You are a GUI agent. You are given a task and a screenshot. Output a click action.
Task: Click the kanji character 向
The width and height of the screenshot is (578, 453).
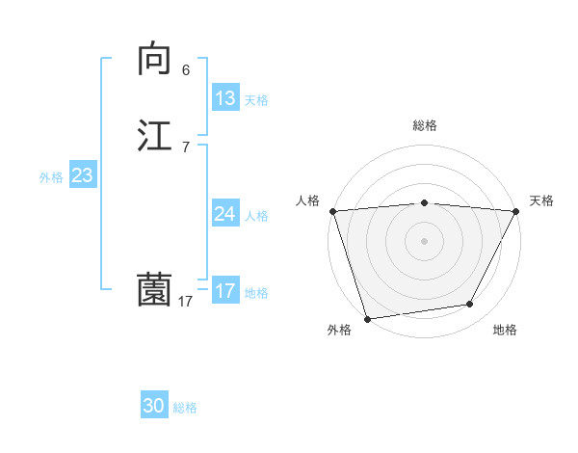coord(154,60)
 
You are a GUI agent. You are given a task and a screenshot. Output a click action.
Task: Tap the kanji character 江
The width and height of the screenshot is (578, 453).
coord(154,135)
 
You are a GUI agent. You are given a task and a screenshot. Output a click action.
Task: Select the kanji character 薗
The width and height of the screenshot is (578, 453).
coord(154,290)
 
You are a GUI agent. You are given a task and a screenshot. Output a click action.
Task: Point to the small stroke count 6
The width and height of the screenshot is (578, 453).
coord(186,70)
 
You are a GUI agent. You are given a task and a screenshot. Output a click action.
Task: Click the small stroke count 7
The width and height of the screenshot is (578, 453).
coord(186,147)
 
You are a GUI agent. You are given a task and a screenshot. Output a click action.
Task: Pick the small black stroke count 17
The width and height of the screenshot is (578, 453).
coord(186,302)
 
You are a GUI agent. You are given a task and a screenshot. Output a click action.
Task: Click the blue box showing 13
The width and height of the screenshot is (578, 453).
coord(224,98)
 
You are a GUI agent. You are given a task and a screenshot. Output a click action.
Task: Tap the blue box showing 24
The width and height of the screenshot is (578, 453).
coord(224,214)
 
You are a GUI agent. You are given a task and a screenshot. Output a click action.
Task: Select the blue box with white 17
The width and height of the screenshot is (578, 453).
coord(224,291)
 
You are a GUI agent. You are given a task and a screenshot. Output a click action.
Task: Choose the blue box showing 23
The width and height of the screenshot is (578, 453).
coord(82,175)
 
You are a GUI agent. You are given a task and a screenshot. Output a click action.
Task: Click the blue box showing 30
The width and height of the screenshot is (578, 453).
coord(154,407)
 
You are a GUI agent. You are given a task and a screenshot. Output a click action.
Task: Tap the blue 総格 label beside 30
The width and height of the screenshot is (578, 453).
coord(185,409)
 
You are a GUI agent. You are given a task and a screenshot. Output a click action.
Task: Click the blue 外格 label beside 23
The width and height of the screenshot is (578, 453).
coord(51,177)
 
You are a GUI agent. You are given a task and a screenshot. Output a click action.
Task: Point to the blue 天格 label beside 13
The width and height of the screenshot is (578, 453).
coord(256,100)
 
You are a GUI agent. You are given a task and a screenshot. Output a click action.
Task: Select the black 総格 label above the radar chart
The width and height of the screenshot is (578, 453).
coord(424,125)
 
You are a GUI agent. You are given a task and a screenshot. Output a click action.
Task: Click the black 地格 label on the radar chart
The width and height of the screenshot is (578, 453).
coord(505,330)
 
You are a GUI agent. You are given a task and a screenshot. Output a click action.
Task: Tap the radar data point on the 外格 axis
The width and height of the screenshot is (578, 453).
coord(367,318)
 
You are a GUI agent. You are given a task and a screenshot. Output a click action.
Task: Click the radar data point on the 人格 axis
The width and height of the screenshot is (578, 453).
coord(332,211)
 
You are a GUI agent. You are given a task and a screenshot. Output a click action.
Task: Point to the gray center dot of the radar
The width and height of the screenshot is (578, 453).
coord(424,241)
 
